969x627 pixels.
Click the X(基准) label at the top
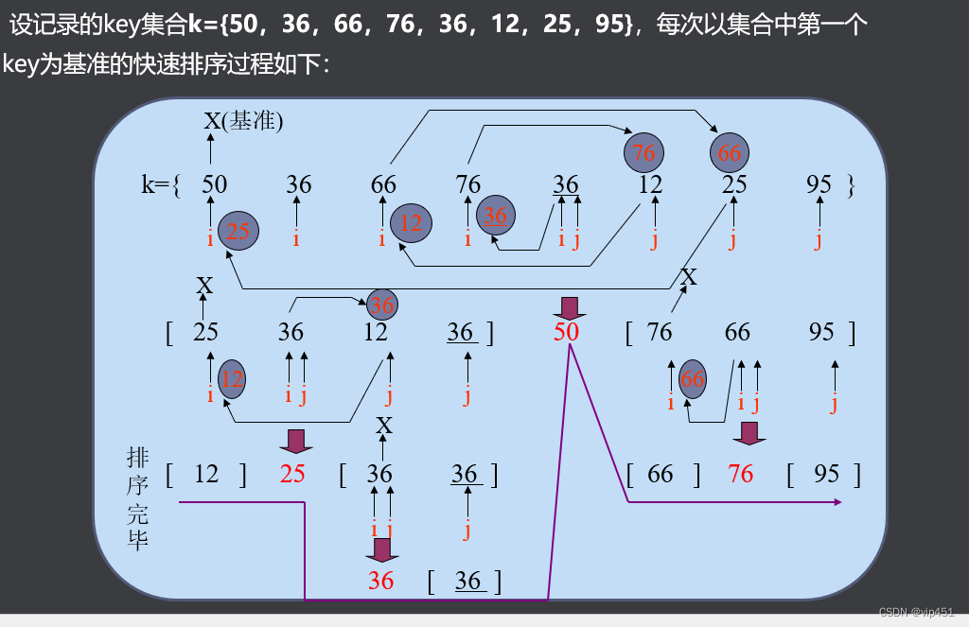click(243, 120)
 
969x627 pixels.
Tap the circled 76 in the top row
click(643, 152)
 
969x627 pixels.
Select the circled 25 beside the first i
click(238, 231)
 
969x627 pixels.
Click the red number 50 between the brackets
click(567, 331)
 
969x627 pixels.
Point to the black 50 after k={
click(215, 184)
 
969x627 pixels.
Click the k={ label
click(160, 184)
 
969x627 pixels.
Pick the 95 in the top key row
click(819, 184)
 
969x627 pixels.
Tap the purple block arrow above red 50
click(570, 306)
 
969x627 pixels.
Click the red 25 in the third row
click(292, 473)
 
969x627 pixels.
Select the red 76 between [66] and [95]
click(741, 473)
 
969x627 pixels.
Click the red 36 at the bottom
click(380, 580)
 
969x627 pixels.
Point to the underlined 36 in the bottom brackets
click(468, 580)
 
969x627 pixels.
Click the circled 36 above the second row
click(382, 305)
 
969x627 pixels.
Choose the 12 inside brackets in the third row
click(206, 473)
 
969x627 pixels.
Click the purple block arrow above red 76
click(749, 433)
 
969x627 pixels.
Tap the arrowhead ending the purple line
click(836, 502)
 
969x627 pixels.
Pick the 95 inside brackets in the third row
click(826, 473)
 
